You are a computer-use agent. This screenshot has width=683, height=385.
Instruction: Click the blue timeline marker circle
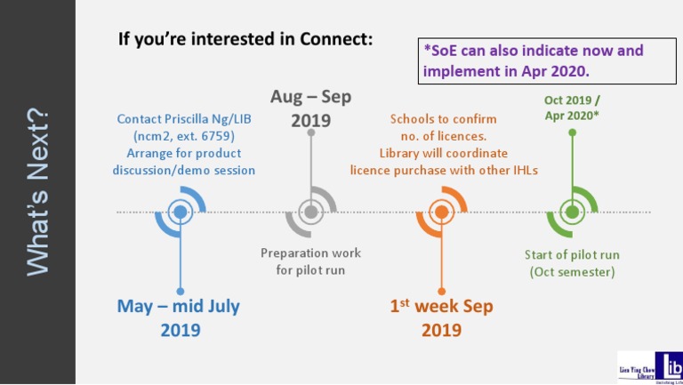click(180, 212)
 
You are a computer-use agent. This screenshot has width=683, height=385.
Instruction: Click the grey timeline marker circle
click(310, 212)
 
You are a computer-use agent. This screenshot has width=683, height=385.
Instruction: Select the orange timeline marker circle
click(441, 212)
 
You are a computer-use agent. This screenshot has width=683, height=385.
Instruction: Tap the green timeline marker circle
click(572, 212)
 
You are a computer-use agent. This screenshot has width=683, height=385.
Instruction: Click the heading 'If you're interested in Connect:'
click(245, 40)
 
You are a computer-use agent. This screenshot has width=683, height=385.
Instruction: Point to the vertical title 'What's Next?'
click(37, 192)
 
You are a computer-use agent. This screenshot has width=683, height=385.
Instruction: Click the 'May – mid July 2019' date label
click(180, 318)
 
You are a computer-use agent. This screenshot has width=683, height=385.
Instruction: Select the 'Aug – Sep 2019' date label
click(310, 108)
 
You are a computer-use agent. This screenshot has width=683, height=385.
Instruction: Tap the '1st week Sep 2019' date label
click(441, 318)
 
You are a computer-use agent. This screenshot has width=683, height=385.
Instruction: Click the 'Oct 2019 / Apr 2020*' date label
click(572, 108)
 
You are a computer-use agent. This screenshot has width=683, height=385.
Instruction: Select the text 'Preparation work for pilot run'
click(310, 261)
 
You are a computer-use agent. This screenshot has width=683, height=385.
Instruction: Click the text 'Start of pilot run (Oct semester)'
click(572, 263)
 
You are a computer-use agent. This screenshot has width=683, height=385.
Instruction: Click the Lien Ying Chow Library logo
click(650, 365)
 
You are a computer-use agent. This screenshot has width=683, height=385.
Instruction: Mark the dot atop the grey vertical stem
click(310, 132)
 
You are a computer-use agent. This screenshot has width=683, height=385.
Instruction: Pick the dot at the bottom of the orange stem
click(441, 291)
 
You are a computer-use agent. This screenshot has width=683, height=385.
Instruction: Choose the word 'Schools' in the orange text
click(413, 119)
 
